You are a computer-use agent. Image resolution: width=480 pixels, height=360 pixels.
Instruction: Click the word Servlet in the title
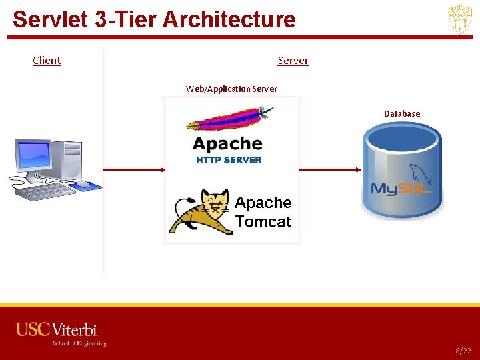pos(51,19)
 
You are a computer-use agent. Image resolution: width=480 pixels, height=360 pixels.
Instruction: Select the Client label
pos(47,61)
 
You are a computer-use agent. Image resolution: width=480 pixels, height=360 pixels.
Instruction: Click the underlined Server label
pos(293,61)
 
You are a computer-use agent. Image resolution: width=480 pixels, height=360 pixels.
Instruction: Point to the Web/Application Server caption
pos(231,89)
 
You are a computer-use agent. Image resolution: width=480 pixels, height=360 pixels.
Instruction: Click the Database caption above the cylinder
pos(402,113)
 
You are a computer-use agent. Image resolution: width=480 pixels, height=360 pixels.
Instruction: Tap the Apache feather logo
pos(231,120)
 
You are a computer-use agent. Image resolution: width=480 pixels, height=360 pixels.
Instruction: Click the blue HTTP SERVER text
pos(229,160)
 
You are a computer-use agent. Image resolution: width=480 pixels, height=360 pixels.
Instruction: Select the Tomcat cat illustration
pos(198,211)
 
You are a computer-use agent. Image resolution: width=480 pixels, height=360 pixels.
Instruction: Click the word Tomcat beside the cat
pos(263,222)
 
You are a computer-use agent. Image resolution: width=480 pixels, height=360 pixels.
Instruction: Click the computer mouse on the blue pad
pos(83,183)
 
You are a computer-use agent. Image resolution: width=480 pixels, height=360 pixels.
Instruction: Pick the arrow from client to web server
pos(133,169)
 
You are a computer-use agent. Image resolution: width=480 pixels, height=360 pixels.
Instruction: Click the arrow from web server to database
pos(330,169)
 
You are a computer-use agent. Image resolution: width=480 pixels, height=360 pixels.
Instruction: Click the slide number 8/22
pos(463,350)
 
